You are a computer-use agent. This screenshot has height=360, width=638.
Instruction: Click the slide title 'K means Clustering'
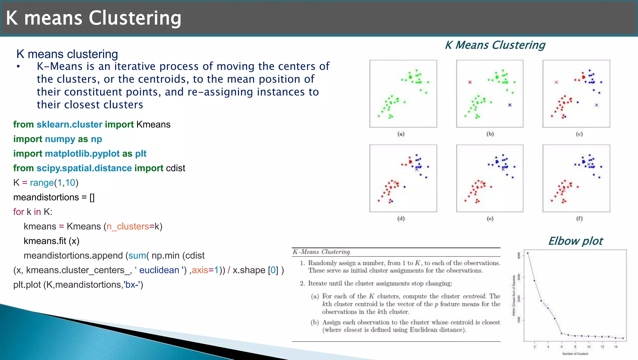tap(93, 18)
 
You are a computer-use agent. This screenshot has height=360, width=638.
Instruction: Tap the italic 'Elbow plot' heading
tap(575, 241)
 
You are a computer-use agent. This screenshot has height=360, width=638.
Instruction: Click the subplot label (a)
tap(401, 134)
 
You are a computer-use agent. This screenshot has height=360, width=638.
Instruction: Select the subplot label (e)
tap(490, 218)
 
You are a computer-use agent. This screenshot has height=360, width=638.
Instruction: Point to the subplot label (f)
tap(579, 218)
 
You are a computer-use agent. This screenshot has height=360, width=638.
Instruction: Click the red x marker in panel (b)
tap(470, 82)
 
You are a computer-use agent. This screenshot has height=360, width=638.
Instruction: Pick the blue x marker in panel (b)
tap(510, 105)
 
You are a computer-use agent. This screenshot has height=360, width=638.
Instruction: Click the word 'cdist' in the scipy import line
tap(175, 168)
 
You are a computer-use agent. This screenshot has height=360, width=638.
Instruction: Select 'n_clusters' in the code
tap(128, 227)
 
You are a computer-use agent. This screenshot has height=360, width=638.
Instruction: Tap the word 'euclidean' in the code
tap(159, 270)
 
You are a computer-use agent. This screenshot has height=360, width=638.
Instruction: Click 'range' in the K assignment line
tap(42, 183)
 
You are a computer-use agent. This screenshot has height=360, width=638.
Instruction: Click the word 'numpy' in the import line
tap(60, 139)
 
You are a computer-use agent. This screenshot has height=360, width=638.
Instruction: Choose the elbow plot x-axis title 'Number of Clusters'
tap(575, 354)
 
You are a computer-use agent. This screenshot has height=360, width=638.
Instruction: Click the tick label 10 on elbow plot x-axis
tap(589, 347)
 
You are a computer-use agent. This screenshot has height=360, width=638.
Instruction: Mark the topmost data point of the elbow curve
tap(527, 253)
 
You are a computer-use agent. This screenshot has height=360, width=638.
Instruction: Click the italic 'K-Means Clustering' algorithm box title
tap(321, 252)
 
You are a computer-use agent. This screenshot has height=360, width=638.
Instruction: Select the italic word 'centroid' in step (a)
tap(474, 296)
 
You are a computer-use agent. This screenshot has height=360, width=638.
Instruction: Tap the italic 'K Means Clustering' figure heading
tap(495, 45)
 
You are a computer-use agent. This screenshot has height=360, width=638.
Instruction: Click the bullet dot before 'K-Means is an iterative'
tap(19, 66)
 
